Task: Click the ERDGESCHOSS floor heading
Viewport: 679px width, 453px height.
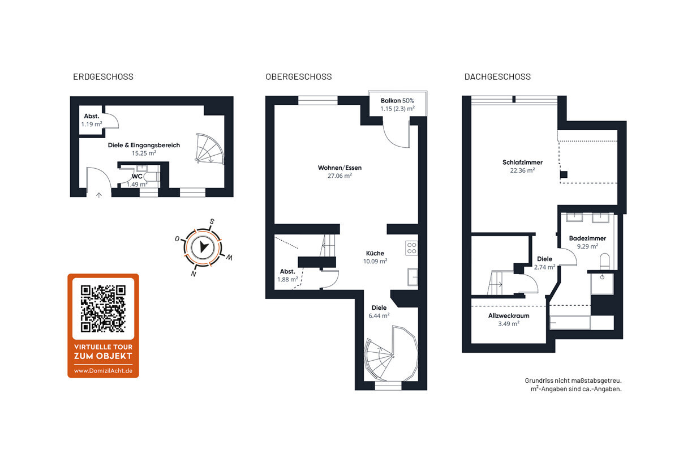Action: pos(103,77)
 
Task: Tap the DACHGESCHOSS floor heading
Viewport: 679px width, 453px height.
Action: pos(497,77)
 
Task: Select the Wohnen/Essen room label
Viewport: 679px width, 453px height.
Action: pos(339,168)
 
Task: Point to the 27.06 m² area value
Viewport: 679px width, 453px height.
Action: pos(339,176)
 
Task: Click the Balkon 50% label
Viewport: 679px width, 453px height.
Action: pos(397,101)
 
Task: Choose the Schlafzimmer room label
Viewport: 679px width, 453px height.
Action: pos(522,163)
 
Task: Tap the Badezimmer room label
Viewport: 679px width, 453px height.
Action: pos(587,238)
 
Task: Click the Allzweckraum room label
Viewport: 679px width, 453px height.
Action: pos(509,316)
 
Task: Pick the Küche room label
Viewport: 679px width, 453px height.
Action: pos(375,253)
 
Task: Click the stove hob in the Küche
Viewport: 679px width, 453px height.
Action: pos(412,247)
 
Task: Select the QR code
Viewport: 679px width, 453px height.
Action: pos(103,309)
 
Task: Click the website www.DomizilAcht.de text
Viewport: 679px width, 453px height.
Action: pos(103,371)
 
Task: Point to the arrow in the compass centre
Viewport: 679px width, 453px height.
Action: pos(203,247)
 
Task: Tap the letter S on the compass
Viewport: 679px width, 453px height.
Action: pos(212,221)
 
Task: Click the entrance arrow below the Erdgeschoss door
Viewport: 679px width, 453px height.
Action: pos(99,195)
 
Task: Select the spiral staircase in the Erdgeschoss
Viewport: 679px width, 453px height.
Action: pos(210,149)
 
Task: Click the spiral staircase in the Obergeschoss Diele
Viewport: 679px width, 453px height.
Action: pos(390,354)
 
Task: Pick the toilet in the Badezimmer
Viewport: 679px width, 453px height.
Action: pos(605,261)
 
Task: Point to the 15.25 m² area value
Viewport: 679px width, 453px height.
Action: pos(144,153)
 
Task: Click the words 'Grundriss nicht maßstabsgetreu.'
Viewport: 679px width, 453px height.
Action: pos(573,381)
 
